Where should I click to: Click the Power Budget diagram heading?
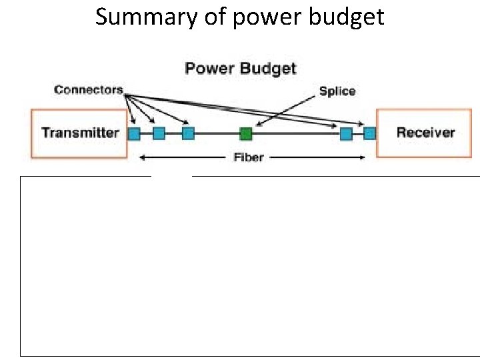240,69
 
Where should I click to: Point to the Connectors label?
89,89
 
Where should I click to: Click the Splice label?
337,91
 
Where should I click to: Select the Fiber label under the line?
249,158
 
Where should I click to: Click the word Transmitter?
80,132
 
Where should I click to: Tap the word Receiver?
425,132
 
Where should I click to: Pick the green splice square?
246,133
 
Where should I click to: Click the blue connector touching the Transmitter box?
134,133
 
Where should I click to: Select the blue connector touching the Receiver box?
369,133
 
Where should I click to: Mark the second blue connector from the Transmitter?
159,133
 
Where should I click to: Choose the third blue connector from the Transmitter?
188,133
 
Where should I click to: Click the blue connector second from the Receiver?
346,133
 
